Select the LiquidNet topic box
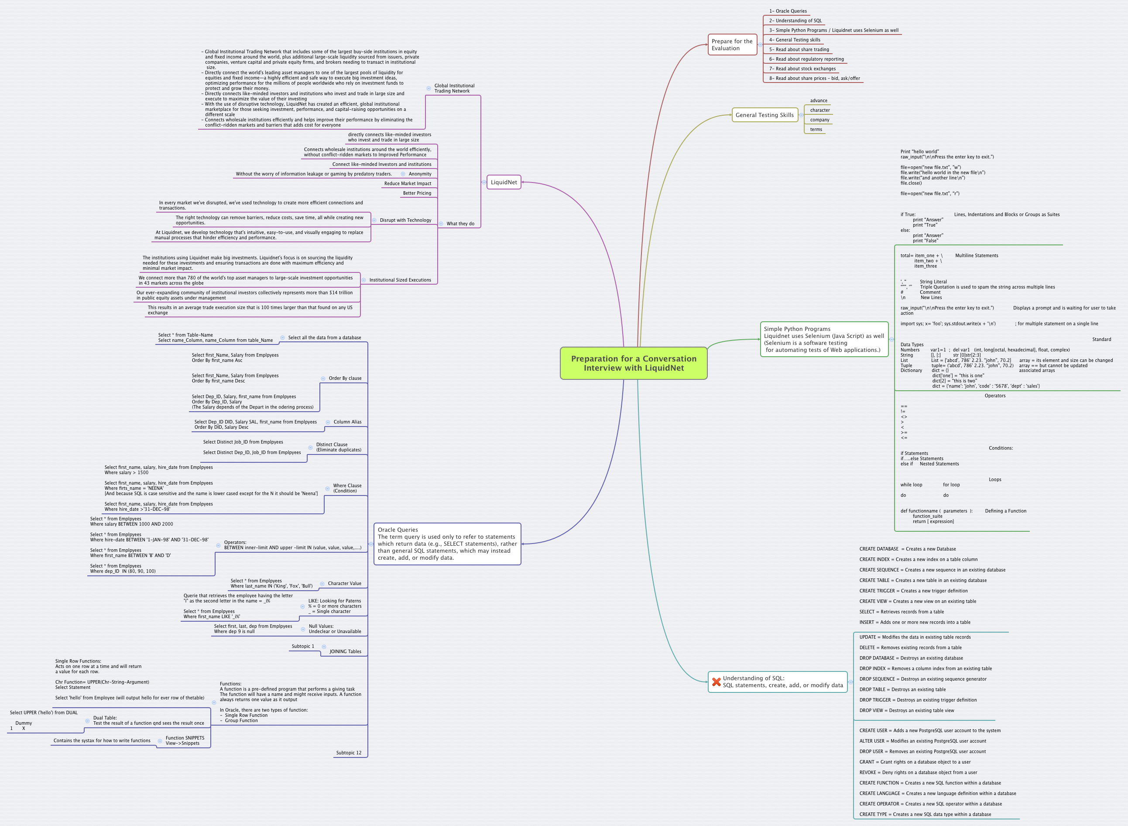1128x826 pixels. (503, 182)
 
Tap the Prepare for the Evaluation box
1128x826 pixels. (732, 45)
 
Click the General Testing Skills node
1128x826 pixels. (764, 115)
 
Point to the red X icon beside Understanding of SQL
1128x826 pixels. (716, 682)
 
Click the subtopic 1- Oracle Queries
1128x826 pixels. (788, 11)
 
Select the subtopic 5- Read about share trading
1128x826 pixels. (799, 49)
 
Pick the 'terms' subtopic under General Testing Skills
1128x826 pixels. (816, 130)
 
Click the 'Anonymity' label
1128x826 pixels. (420, 174)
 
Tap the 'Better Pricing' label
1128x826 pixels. (417, 193)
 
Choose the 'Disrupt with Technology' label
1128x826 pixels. (405, 220)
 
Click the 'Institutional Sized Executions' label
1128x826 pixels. (400, 280)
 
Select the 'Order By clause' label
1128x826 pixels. (345, 379)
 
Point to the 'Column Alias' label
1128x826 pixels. (347, 422)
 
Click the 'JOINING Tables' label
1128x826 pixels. (345, 651)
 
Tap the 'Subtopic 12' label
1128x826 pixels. (348, 753)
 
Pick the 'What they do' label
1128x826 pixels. (460, 224)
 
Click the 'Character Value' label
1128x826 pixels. (344, 584)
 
